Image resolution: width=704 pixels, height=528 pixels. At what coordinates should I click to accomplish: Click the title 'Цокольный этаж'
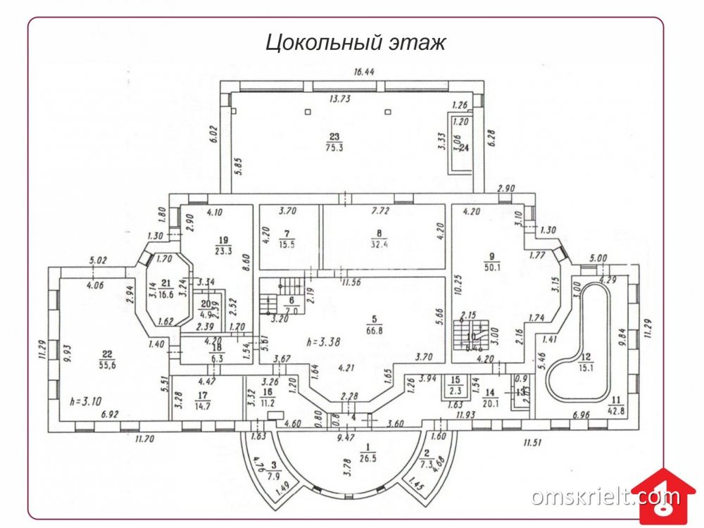point(356,43)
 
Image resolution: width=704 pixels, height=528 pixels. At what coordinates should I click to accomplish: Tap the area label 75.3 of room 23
point(333,149)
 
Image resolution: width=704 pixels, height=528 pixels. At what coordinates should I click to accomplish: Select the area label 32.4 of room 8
point(380,244)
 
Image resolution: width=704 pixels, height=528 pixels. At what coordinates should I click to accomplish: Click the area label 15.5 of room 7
point(286,244)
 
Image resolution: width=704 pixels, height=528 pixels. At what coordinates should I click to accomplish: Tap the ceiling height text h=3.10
point(85,401)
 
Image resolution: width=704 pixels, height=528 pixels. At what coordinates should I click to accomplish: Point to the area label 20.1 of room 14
point(489,403)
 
